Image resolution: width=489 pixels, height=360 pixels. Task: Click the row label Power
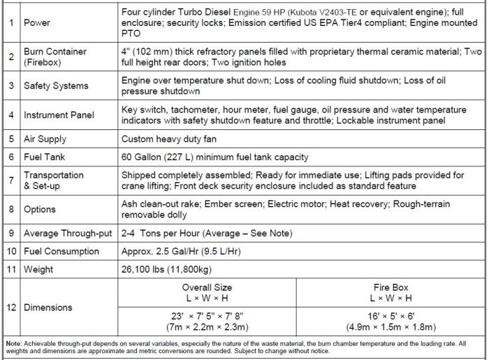click(37, 23)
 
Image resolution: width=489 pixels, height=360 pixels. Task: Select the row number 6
click(10, 157)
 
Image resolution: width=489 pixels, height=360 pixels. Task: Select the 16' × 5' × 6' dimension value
click(391, 316)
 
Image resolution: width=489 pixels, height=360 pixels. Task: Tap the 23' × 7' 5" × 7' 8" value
click(207, 316)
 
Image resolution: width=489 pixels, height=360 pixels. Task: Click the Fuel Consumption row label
click(61, 251)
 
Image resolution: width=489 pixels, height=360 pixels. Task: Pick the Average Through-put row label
click(68, 233)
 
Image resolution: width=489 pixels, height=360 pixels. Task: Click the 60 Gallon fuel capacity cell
click(214, 157)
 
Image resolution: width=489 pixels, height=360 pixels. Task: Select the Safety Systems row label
click(56, 86)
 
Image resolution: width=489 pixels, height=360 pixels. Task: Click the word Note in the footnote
click(13, 344)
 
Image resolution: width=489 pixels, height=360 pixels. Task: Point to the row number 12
click(10, 308)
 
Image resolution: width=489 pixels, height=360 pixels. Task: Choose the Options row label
click(40, 208)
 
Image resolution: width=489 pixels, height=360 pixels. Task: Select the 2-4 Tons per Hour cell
click(207, 233)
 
